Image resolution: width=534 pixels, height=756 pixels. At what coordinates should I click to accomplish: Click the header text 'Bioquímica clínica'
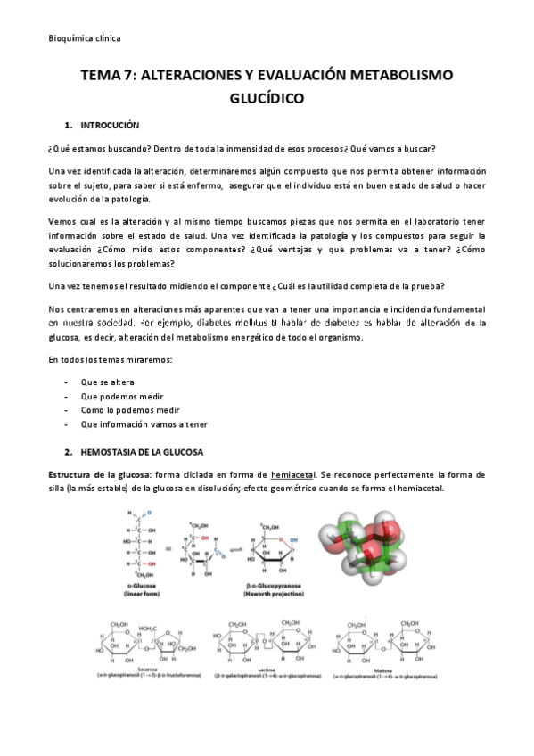click(x=84, y=38)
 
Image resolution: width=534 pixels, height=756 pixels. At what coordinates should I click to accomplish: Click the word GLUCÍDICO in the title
click(x=267, y=98)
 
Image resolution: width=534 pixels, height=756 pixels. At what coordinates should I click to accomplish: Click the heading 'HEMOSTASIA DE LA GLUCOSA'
click(x=142, y=452)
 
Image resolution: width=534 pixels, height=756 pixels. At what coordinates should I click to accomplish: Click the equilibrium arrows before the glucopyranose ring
click(x=234, y=552)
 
